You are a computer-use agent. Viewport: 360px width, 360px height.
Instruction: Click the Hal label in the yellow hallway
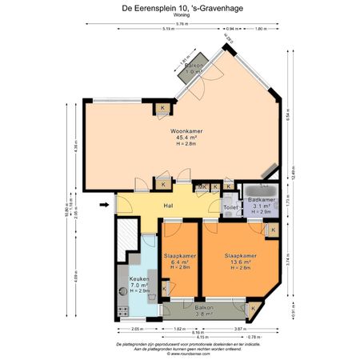point(169,206)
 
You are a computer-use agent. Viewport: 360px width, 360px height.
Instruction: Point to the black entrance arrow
point(104,206)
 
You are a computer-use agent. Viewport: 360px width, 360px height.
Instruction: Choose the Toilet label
point(230,206)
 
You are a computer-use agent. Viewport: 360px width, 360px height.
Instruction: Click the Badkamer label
point(262,199)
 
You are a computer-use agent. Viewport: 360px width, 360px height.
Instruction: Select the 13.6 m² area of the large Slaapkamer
point(241,262)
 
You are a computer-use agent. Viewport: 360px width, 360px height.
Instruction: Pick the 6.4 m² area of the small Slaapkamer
point(176,262)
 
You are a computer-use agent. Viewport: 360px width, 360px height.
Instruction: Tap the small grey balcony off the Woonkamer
point(193,67)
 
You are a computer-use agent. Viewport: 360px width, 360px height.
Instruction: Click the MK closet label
point(203,186)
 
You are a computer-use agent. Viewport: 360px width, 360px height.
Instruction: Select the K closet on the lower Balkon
point(254,308)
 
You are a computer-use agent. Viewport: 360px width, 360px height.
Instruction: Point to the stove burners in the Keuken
point(123,309)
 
